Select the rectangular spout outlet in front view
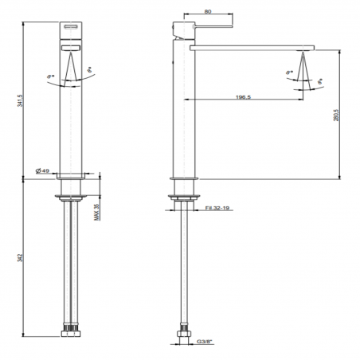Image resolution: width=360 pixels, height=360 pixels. coord(72,48)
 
